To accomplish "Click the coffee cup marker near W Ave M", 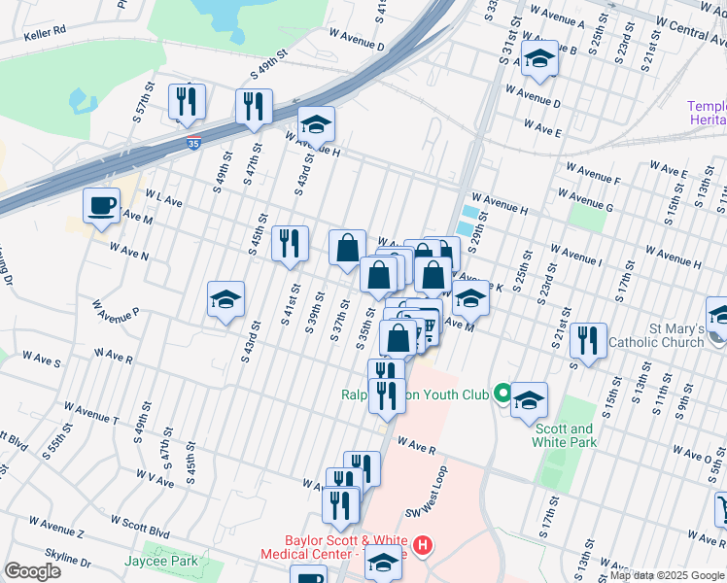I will [102, 206].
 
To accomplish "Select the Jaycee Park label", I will [161, 561].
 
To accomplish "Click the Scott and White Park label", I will [562, 435].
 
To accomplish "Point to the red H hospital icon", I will [422, 545].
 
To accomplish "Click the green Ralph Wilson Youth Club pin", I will [502, 394].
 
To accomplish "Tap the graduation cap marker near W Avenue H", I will [316, 124].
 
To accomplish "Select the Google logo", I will [32, 571].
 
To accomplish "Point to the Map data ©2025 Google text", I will [666, 576].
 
